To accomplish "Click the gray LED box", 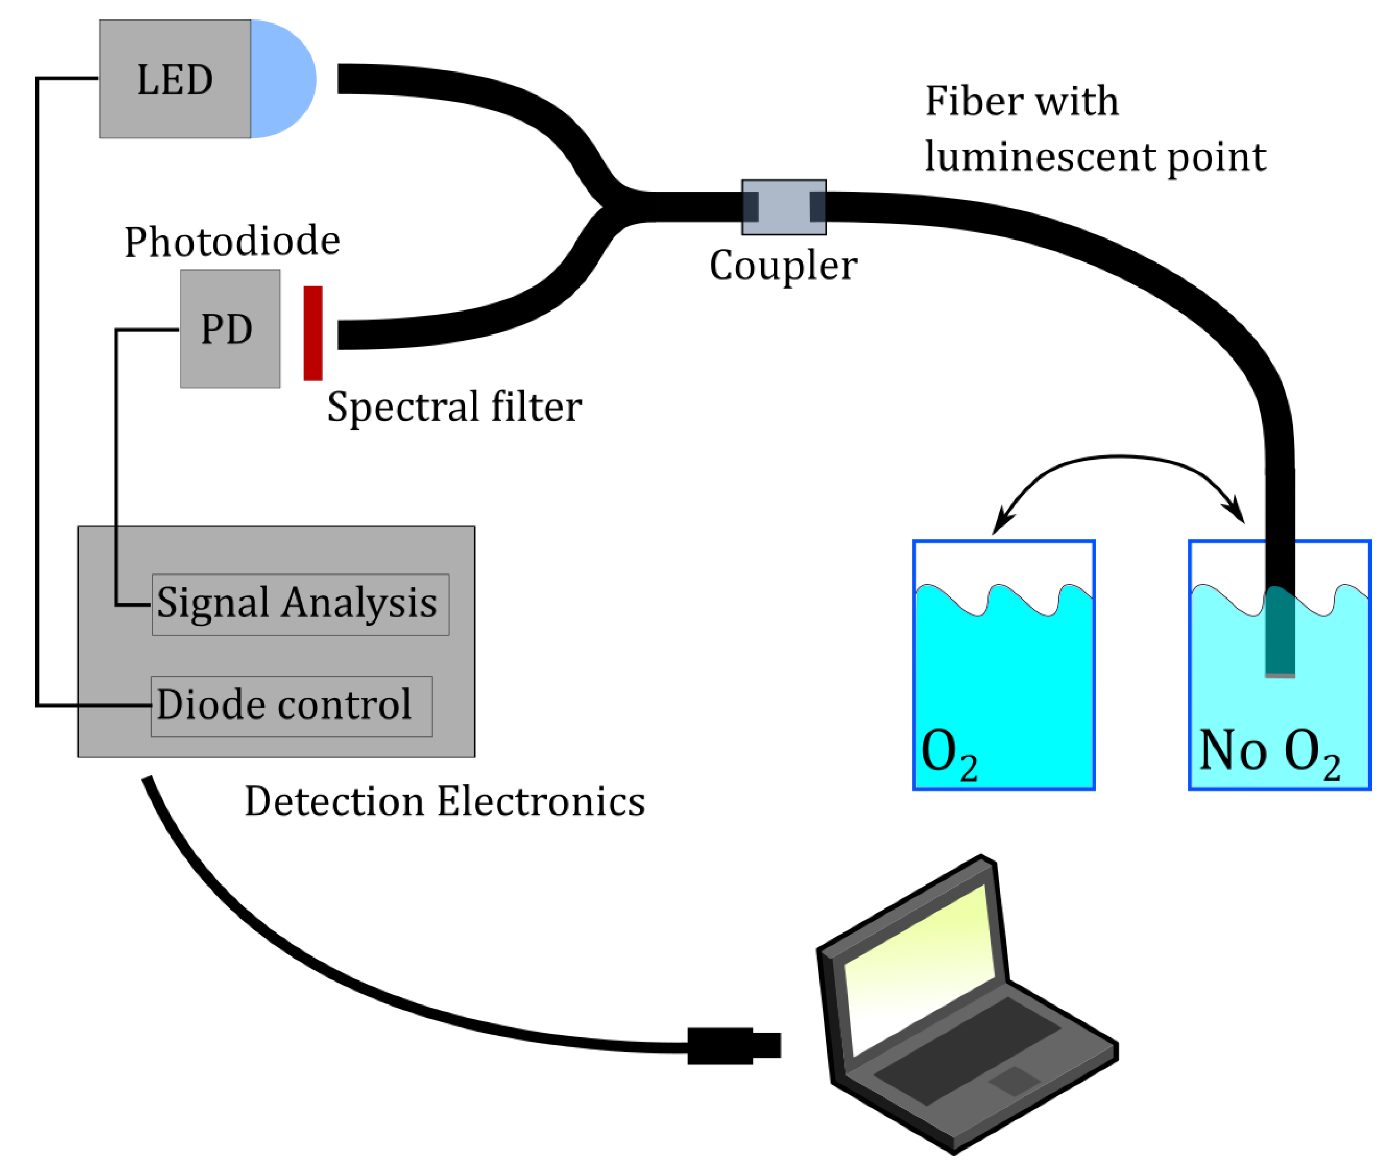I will [175, 79].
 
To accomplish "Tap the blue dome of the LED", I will [283, 79].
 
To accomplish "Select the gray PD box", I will [230, 328].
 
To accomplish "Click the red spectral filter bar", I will [312, 333].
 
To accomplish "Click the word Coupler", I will [783, 266].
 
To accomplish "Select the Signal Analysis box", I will [300, 604].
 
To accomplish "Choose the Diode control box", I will [291, 706].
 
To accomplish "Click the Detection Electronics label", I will [444, 802].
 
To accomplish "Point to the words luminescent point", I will [1095, 158].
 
